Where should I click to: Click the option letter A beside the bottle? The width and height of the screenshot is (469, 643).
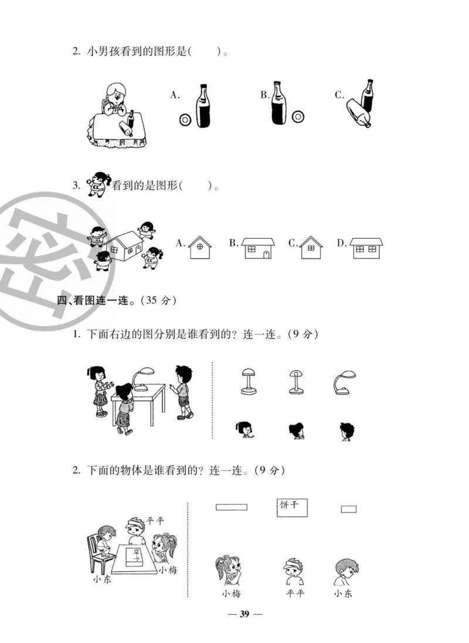click(175, 95)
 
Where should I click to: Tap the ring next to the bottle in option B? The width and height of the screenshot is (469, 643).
click(298, 117)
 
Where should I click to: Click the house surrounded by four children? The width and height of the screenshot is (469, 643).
click(122, 245)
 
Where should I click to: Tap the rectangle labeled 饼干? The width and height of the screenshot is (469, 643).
click(293, 507)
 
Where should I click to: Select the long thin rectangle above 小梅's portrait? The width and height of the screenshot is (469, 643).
click(232, 507)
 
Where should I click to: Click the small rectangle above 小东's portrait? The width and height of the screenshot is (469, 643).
click(349, 509)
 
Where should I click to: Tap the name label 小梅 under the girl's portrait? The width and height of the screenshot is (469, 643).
click(231, 594)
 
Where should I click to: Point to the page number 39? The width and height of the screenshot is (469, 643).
click(245, 614)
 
